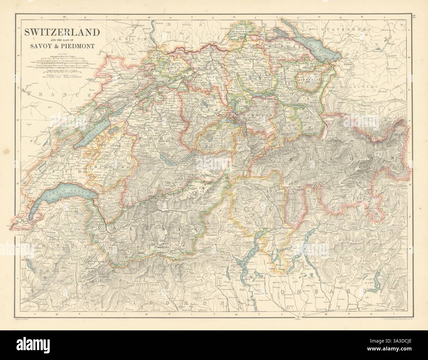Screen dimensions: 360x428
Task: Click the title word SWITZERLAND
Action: point(61,32)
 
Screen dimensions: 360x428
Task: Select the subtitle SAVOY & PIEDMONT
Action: point(61,46)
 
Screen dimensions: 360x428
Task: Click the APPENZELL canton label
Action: point(308,80)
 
